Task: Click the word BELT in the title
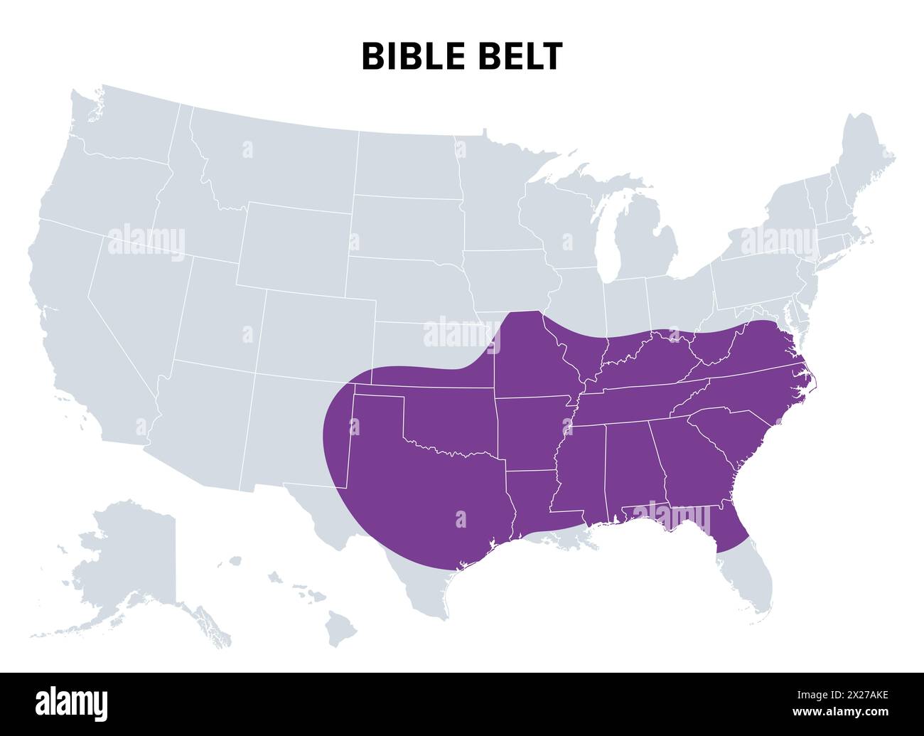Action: coord(523,56)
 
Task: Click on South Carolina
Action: coord(732,434)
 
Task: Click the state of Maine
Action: coord(864,156)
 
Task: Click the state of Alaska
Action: coord(128,562)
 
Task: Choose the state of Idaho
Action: coord(192,192)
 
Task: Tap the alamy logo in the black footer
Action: coord(71,703)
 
